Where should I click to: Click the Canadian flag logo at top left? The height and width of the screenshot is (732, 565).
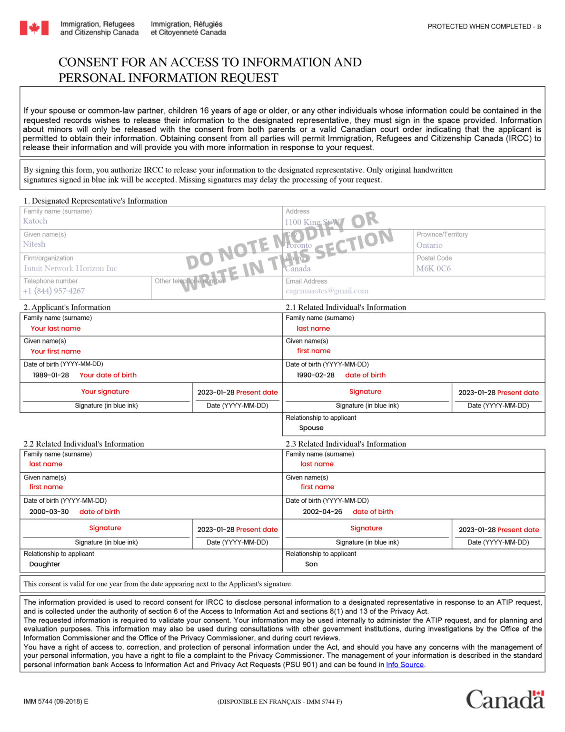point(34,28)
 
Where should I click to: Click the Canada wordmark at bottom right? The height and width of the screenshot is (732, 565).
point(505,700)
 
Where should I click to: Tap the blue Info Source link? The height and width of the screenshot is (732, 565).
point(405,665)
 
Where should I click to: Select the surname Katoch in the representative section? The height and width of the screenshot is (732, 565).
point(35,221)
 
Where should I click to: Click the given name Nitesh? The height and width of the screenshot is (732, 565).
point(34,244)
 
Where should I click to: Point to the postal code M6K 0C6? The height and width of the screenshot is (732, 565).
point(433,269)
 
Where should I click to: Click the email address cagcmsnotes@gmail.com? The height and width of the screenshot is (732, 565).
point(327,291)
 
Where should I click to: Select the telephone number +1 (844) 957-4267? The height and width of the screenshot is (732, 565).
point(54,291)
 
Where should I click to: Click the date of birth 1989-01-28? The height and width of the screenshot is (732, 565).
point(51,375)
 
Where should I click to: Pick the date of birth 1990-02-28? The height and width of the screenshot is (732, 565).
point(316,375)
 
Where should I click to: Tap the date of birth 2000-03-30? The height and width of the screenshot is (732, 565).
point(49,512)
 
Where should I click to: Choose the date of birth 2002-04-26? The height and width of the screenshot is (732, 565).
point(322,512)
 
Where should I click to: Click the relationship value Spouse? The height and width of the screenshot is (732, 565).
point(311,428)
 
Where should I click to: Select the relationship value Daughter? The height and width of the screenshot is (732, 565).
point(45,564)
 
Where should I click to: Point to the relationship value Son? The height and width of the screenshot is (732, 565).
point(311,564)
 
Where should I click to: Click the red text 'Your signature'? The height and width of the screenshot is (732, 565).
point(105,392)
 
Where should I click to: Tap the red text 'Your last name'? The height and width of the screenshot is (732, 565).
point(56,328)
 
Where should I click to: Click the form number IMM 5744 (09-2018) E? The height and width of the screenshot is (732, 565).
point(56,701)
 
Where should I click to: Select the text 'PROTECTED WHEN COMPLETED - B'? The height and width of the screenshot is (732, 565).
point(484,27)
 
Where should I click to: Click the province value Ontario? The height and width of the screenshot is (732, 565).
point(429,245)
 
